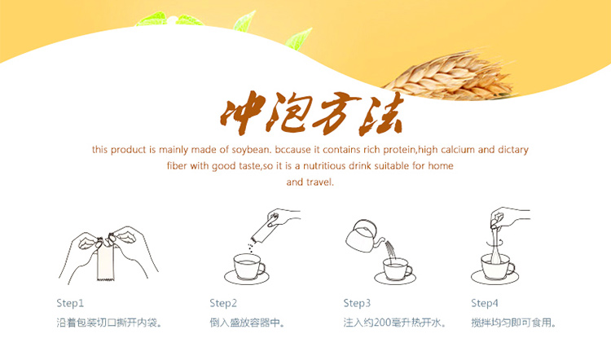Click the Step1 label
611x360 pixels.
pos(70,303)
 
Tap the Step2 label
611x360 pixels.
pos(223,303)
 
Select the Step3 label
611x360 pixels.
pos(357,303)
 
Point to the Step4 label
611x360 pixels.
pos(485,303)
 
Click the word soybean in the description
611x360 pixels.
pos(251,150)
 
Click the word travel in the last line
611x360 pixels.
pos(320,182)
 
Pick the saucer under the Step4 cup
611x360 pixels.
pos(495,278)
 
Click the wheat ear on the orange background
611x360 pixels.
pos(448,76)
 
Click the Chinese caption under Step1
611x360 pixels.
pos(109,323)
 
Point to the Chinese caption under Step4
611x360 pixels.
pos(513,323)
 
